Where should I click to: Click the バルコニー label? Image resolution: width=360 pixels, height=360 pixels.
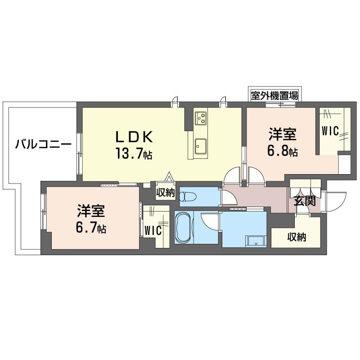43,145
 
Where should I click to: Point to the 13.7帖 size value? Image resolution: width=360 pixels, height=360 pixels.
133,154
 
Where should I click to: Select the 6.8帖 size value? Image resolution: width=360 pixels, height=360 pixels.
282,151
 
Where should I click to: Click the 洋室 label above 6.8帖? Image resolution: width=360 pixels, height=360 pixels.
282,134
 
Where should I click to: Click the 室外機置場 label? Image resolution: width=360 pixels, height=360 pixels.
274,95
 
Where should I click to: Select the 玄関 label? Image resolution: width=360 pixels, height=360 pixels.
304,201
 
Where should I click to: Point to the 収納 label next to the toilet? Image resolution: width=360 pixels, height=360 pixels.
165,193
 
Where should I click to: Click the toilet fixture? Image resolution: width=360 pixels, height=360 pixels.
189,197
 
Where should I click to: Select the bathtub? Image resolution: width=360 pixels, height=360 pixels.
184,228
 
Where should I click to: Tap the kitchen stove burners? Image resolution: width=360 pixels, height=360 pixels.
200,117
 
